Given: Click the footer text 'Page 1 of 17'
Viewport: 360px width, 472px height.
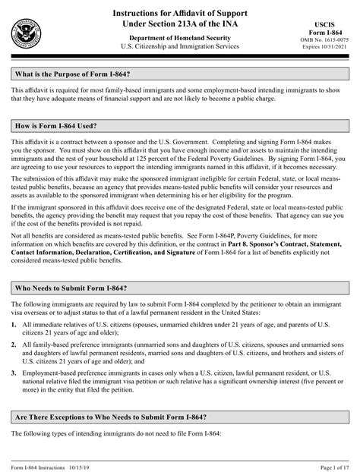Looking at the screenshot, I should click(328, 464).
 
